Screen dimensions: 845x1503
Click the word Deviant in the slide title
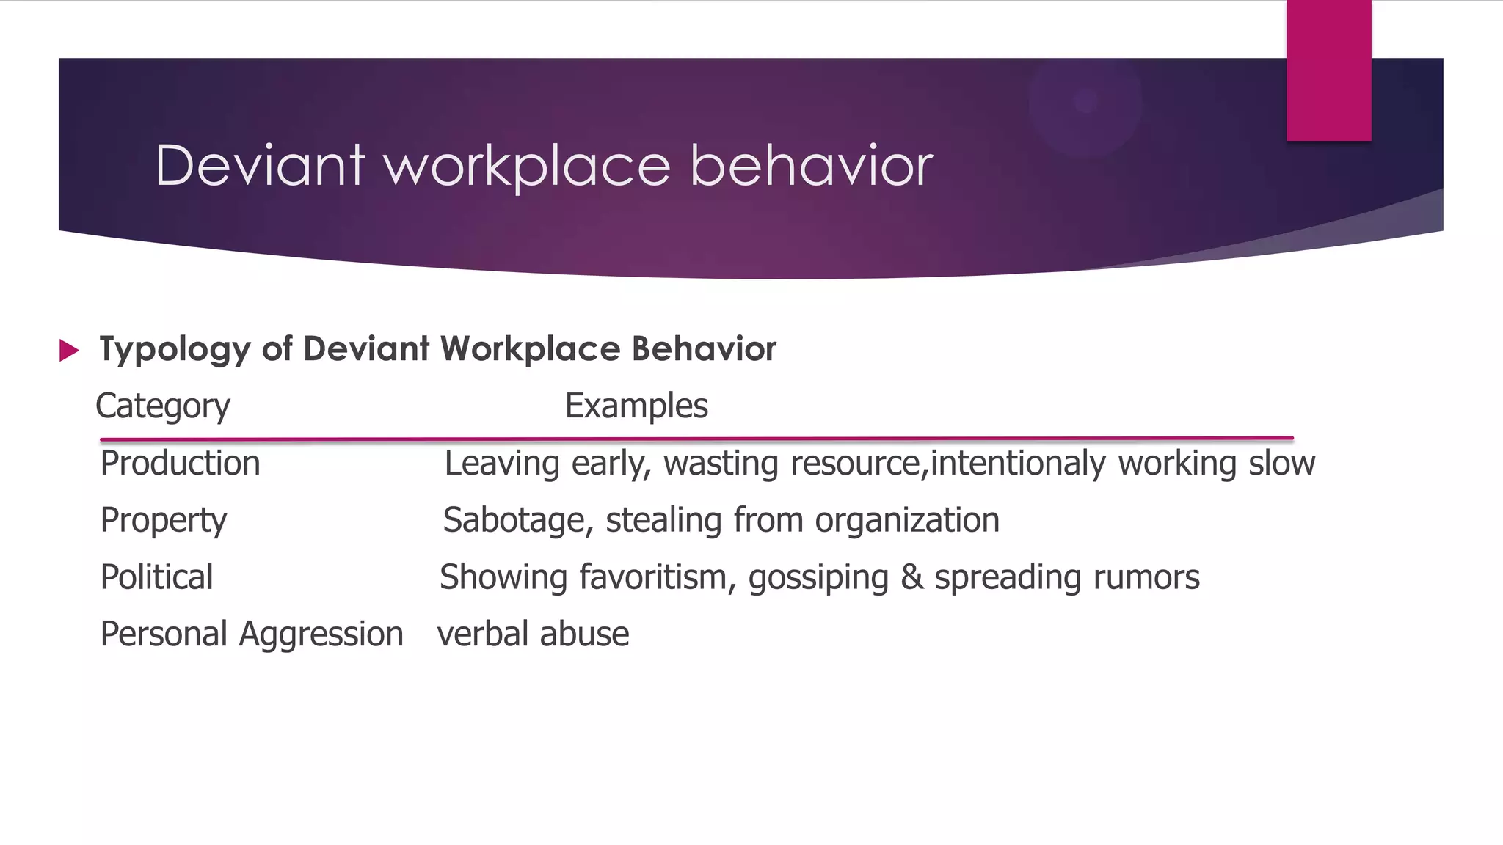pyautogui.click(x=260, y=166)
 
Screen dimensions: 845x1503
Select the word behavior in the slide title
pyautogui.click(x=811, y=166)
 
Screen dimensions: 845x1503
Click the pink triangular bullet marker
pyautogui.click(x=69, y=350)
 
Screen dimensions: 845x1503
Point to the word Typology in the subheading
pyautogui.click(x=175, y=350)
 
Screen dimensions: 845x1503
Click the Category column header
pyautogui.click(x=163, y=406)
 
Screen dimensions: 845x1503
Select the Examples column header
pyautogui.click(x=636, y=406)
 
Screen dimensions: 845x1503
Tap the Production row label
pyautogui.click(x=181, y=464)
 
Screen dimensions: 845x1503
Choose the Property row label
pyautogui.click(x=164, y=521)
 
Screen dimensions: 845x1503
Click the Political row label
pyautogui.click(x=157, y=577)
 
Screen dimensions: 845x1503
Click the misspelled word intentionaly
pyautogui.click(x=1017, y=464)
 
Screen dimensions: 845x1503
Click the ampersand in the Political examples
pyautogui.click(x=911, y=577)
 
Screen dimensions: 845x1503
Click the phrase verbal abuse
pyautogui.click(x=534, y=634)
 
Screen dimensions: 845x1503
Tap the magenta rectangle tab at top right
pyautogui.click(x=1328, y=70)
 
